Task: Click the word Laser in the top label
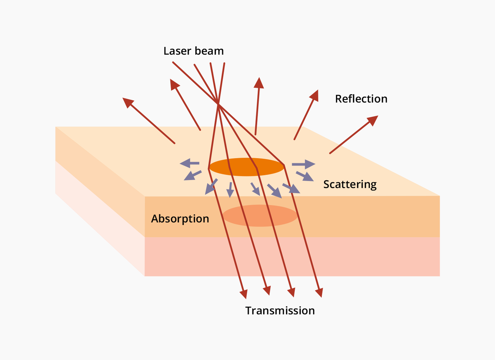coord(177,51)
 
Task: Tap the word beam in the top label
coord(209,51)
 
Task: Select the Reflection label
coord(361,99)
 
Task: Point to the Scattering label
coord(350,185)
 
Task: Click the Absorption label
coord(180,219)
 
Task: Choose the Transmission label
coord(280,311)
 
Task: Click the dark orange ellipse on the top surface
coord(247,167)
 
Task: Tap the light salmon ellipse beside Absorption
coord(260,216)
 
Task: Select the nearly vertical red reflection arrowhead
coord(259,83)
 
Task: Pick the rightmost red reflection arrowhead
coord(373,120)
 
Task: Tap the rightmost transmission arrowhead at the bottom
coord(319,292)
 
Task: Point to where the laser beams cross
coord(218,103)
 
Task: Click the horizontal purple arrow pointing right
coord(303,164)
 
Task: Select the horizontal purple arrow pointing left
coord(189,163)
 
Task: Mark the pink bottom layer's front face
coord(292,256)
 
